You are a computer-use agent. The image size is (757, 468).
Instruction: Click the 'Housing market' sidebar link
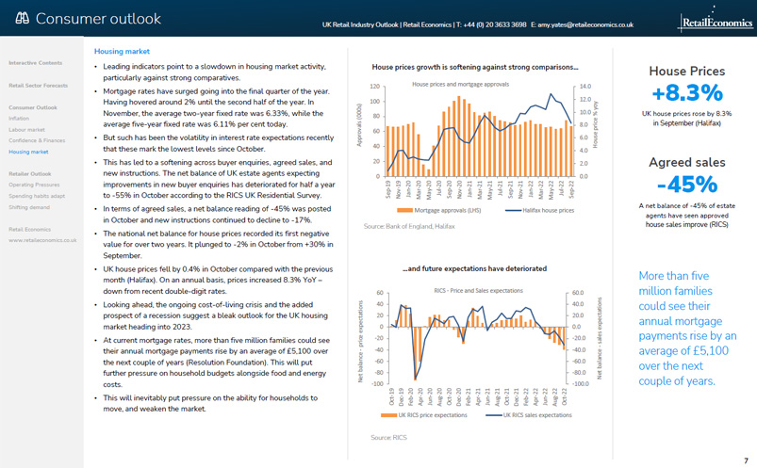(28, 152)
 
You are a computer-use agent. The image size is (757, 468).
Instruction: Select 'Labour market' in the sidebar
(27, 130)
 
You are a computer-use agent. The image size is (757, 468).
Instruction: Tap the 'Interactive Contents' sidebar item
(36, 63)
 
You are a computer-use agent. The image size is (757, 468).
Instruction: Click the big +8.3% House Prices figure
(686, 92)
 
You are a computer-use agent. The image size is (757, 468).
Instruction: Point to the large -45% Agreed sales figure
(686, 184)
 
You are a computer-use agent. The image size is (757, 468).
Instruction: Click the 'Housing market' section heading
(123, 52)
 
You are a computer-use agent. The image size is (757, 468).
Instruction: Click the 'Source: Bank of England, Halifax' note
(408, 227)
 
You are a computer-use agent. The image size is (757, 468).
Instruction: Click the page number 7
(746, 460)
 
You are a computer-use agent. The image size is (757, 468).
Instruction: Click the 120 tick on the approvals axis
(374, 86)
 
